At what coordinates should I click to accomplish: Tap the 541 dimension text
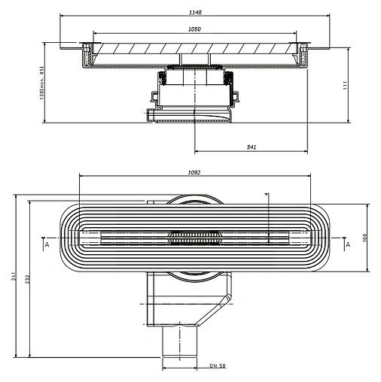pyautogui.click(x=251, y=147)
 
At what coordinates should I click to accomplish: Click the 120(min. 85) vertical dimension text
pyautogui.click(x=42, y=83)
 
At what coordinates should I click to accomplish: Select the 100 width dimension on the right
pyautogui.click(x=364, y=238)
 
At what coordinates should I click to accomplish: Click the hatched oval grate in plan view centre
pyautogui.click(x=194, y=238)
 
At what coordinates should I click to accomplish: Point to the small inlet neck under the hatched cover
pyautogui.click(x=194, y=59)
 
